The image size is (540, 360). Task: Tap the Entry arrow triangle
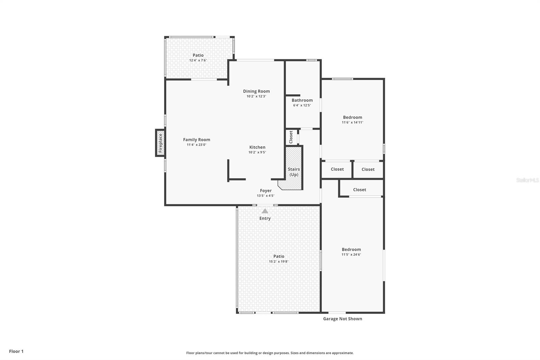click(265, 211)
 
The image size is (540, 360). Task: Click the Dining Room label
click(256, 91)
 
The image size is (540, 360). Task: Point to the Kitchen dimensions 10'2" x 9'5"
click(257, 152)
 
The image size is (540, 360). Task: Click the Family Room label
click(197, 139)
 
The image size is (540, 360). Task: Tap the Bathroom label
click(302, 100)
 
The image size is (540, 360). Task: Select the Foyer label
click(266, 190)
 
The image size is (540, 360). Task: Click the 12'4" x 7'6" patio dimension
click(198, 60)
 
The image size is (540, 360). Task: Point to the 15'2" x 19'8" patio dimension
click(279, 261)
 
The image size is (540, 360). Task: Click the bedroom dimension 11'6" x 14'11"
click(352, 123)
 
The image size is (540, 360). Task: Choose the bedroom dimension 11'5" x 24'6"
click(351, 255)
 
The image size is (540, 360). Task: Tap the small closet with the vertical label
click(291, 137)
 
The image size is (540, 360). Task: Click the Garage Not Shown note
click(343, 319)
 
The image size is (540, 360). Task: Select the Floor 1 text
click(16, 351)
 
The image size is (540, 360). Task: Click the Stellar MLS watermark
click(528, 180)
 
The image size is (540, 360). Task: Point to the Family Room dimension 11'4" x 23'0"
click(197, 145)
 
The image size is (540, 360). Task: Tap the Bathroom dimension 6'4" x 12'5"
click(302, 105)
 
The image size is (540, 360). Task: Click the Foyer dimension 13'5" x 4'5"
click(266, 196)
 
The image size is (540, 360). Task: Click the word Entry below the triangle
click(265, 218)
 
